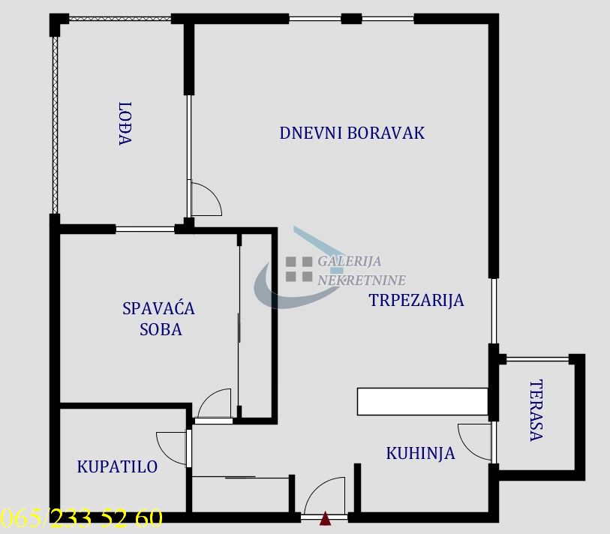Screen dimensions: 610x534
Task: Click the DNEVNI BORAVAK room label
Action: click(352, 133)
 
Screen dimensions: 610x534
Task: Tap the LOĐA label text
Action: click(125, 124)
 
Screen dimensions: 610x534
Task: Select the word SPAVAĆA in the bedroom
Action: click(159, 309)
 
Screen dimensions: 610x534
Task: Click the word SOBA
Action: click(161, 330)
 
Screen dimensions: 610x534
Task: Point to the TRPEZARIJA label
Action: click(416, 300)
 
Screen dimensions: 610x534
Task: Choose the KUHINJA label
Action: click(420, 454)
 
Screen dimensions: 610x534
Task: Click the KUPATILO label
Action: click(117, 466)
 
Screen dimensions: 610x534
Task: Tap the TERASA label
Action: click(536, 410)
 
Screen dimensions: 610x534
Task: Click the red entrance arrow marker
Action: click(325, 519)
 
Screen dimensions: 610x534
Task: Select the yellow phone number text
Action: click(81, 518)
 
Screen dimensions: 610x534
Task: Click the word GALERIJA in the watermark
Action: click(350, 261)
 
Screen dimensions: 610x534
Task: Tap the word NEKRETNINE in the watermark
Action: click(362, 280)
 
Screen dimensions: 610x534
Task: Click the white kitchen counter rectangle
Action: click(422, 401)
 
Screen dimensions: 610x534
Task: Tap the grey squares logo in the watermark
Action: click(299, 268)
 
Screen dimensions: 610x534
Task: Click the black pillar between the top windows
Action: click(351, 18)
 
